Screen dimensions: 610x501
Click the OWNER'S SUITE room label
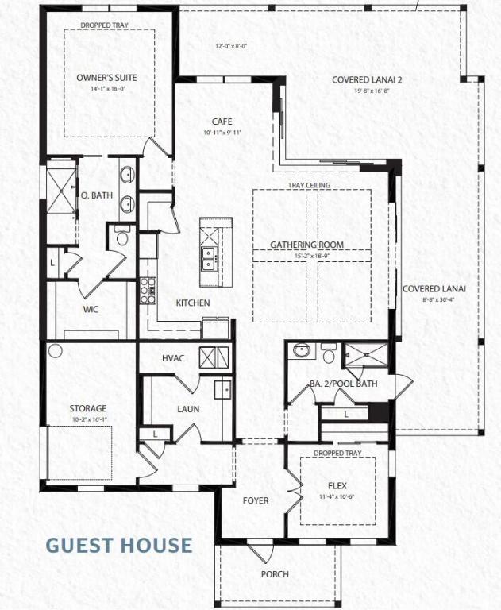pos(107,78)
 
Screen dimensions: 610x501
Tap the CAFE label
pos(222,121)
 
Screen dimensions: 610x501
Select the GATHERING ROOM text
pos(306,245)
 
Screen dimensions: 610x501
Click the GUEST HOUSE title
pos(118,545)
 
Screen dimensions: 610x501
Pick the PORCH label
pos(275,574)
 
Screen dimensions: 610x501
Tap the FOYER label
pos(256,500)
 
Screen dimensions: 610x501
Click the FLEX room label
pos(337,484)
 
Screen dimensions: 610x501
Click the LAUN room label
pos(188,409)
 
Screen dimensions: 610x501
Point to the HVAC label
pos(173,358)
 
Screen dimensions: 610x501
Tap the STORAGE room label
pos(87,408)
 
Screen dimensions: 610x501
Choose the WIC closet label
pos(91,310)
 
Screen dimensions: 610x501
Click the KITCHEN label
pos(193,303)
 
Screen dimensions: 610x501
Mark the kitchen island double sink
pos(209,255)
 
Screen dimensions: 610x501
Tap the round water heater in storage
pos(56,350)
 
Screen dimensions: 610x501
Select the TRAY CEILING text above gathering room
pos(309,185)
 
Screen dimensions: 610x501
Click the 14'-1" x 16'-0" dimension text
pos(107,89)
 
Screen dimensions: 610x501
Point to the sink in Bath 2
pos(301,350)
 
